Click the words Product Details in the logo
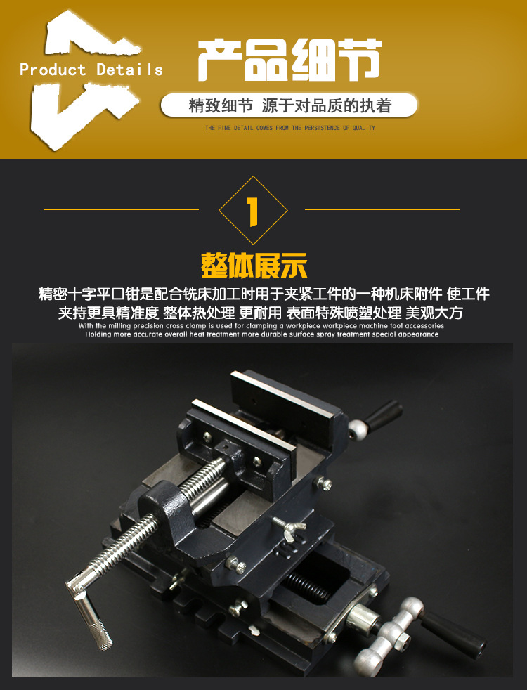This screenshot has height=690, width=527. [91, 70]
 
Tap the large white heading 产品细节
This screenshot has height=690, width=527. [289, 60]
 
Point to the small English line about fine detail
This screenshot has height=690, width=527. [289, 128]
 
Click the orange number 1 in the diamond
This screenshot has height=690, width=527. [253, 210]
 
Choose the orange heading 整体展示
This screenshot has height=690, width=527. [254, 266]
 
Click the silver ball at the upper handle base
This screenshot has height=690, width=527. [359, 429]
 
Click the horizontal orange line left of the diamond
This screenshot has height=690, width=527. [121, 209]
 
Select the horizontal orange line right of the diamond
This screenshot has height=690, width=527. [382, 209]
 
